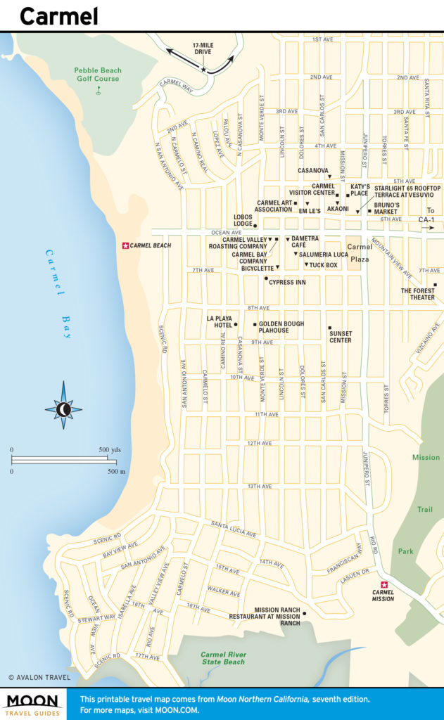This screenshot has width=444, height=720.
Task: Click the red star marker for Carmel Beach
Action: coord(126,245)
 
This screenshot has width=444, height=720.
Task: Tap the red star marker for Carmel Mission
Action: coord(384,585)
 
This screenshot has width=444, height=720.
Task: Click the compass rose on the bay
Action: coord(63,409)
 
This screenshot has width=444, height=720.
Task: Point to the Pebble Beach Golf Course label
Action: coord(98,75)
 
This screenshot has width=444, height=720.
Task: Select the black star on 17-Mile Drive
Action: coord(204,70)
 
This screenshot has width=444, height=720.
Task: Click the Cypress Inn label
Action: coord(287,282)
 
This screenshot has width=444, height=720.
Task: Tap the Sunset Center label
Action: coord(341,337)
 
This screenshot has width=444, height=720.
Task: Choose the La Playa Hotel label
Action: coord(219,321)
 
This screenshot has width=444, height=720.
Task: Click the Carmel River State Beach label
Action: coord(222,658)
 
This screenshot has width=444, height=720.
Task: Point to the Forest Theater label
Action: coord(418,294)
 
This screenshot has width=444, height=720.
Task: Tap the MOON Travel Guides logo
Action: coord(33,703)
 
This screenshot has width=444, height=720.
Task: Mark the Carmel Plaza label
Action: coord(360,252)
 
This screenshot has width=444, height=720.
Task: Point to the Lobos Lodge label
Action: coord(243,220)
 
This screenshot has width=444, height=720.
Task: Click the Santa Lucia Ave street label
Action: coord(234,529)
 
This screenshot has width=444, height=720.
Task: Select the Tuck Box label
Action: coord(324,265)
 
